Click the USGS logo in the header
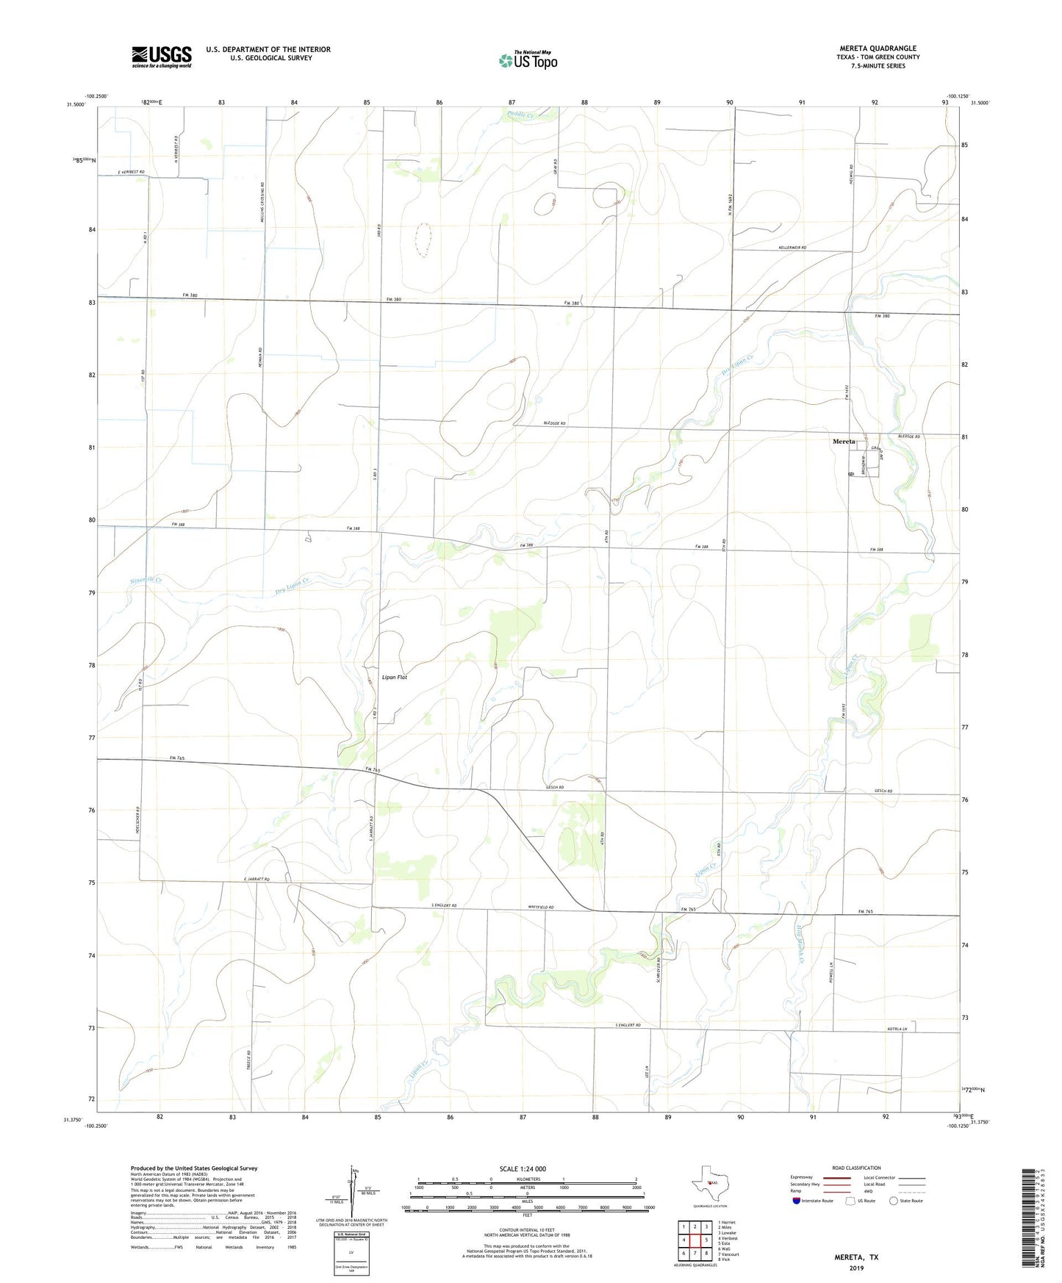162,57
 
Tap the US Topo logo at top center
528,60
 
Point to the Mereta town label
844,442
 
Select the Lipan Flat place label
394,677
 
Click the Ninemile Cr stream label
146,581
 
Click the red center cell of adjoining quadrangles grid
695,1240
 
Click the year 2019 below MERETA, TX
856,1268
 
